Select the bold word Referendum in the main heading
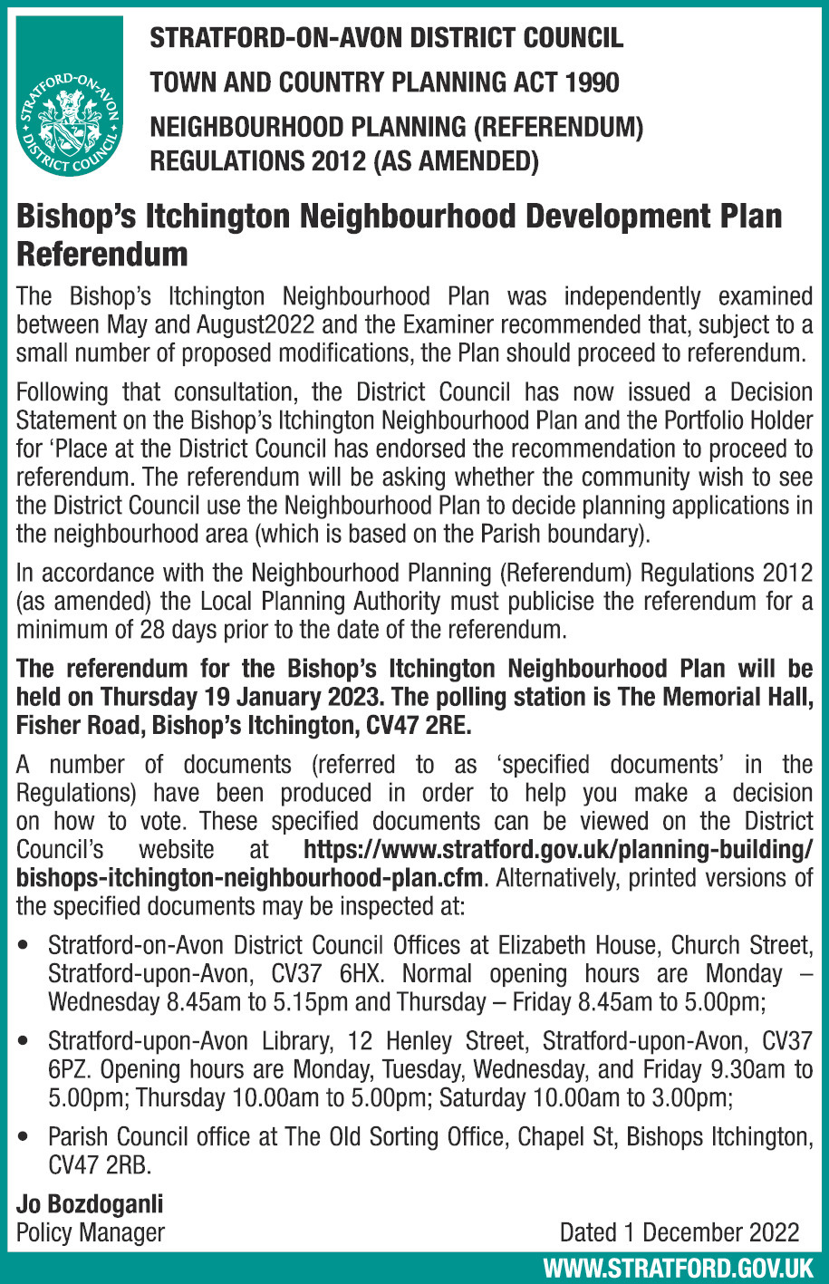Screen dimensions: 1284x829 point(102,254)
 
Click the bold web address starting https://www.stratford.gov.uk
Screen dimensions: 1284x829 point(558,850)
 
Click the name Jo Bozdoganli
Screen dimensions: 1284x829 point(90,1204)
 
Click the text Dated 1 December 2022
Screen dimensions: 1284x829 point(679,1232)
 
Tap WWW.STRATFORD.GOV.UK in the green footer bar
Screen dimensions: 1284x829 point(677,1267)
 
